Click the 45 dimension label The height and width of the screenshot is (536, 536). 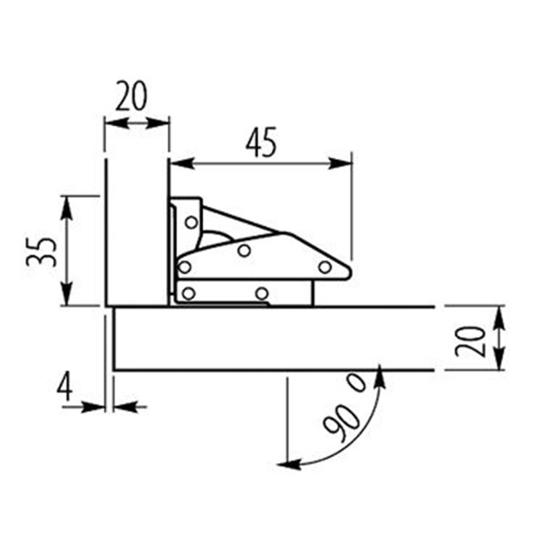click(x=261, y=143)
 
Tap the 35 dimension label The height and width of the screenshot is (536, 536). click(x=41, y=252)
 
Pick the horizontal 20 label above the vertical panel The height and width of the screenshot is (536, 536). click(x=131, y=96)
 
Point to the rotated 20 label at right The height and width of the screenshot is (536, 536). click(x=471, y=342)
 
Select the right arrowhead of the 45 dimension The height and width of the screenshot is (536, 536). click(x=340, y=163)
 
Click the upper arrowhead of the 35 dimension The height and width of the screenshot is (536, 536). click(x=66, y=208)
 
